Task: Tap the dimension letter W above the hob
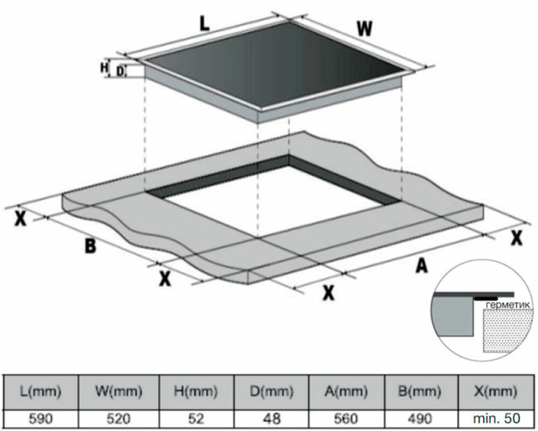click(365, 29)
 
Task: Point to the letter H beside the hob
click(104, 68)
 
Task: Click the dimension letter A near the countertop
click(422, 265)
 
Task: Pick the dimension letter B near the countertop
click(90, 246)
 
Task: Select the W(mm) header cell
click(120, 390)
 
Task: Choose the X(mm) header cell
click(497, 390)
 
